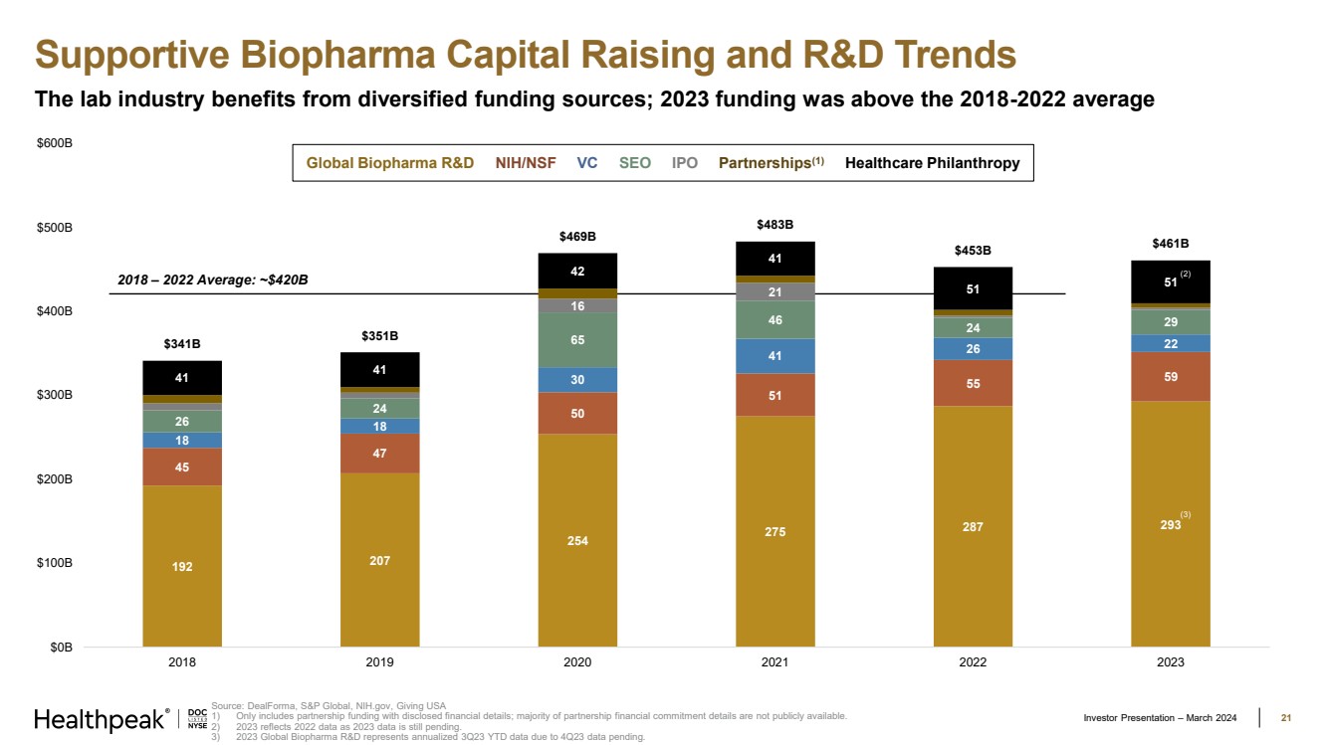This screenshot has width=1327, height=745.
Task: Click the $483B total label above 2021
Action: pyautogui.click(x=774, y=225)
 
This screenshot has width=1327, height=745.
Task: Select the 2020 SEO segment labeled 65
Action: pyautogui.click(x=577, y=340)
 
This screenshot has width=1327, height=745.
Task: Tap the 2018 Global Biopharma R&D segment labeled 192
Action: pyautogui.click(x=182, y=566)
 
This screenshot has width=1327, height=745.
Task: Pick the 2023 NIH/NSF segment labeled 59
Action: pyautogui.click(x=1171, y=377)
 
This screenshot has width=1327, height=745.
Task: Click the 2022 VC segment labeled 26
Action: pyautogui.click(x=973, y=349)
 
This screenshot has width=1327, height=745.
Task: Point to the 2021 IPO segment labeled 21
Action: pyautogui.click(x=774, y=292)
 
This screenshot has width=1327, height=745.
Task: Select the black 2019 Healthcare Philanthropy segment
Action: pyautogui.click(x=379, y=370)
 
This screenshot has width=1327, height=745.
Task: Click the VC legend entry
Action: pyautogui.click(x=587, y=163)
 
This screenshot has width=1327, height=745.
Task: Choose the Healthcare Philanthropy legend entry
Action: pyautogui.click(x=932, y=163)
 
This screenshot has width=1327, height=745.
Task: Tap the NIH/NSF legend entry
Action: pyautogui.click(x=526, y=163)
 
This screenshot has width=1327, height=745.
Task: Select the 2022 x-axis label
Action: pyautogui.click(x=973, y=662)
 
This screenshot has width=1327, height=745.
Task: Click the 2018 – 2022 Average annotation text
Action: pyautogui.click(x=213, y=279)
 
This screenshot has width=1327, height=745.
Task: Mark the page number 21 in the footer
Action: pyautogui.click(x=1285, y=718)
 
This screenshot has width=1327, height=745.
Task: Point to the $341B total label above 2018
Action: pyautogui.click(x=182, y=344)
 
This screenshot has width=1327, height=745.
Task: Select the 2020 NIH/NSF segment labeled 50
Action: pyautogui.click(x=577, y=413)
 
